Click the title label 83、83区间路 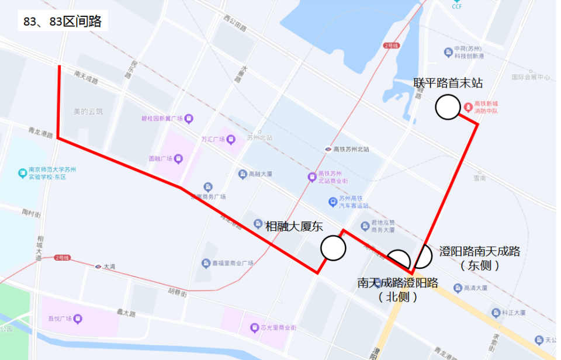[63, 22]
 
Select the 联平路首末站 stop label [448, 83]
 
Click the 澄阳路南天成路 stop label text [480, 252]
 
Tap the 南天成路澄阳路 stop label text [398, 283]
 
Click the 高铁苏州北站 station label [351, 149]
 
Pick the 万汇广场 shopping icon [231, 139]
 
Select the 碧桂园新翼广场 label [162, 118]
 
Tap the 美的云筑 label [88, 111]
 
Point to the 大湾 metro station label [109, 266]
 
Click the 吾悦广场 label [60, 319]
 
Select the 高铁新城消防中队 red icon [468, 108]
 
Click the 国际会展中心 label [531, 77]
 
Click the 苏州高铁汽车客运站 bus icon [333, 202]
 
